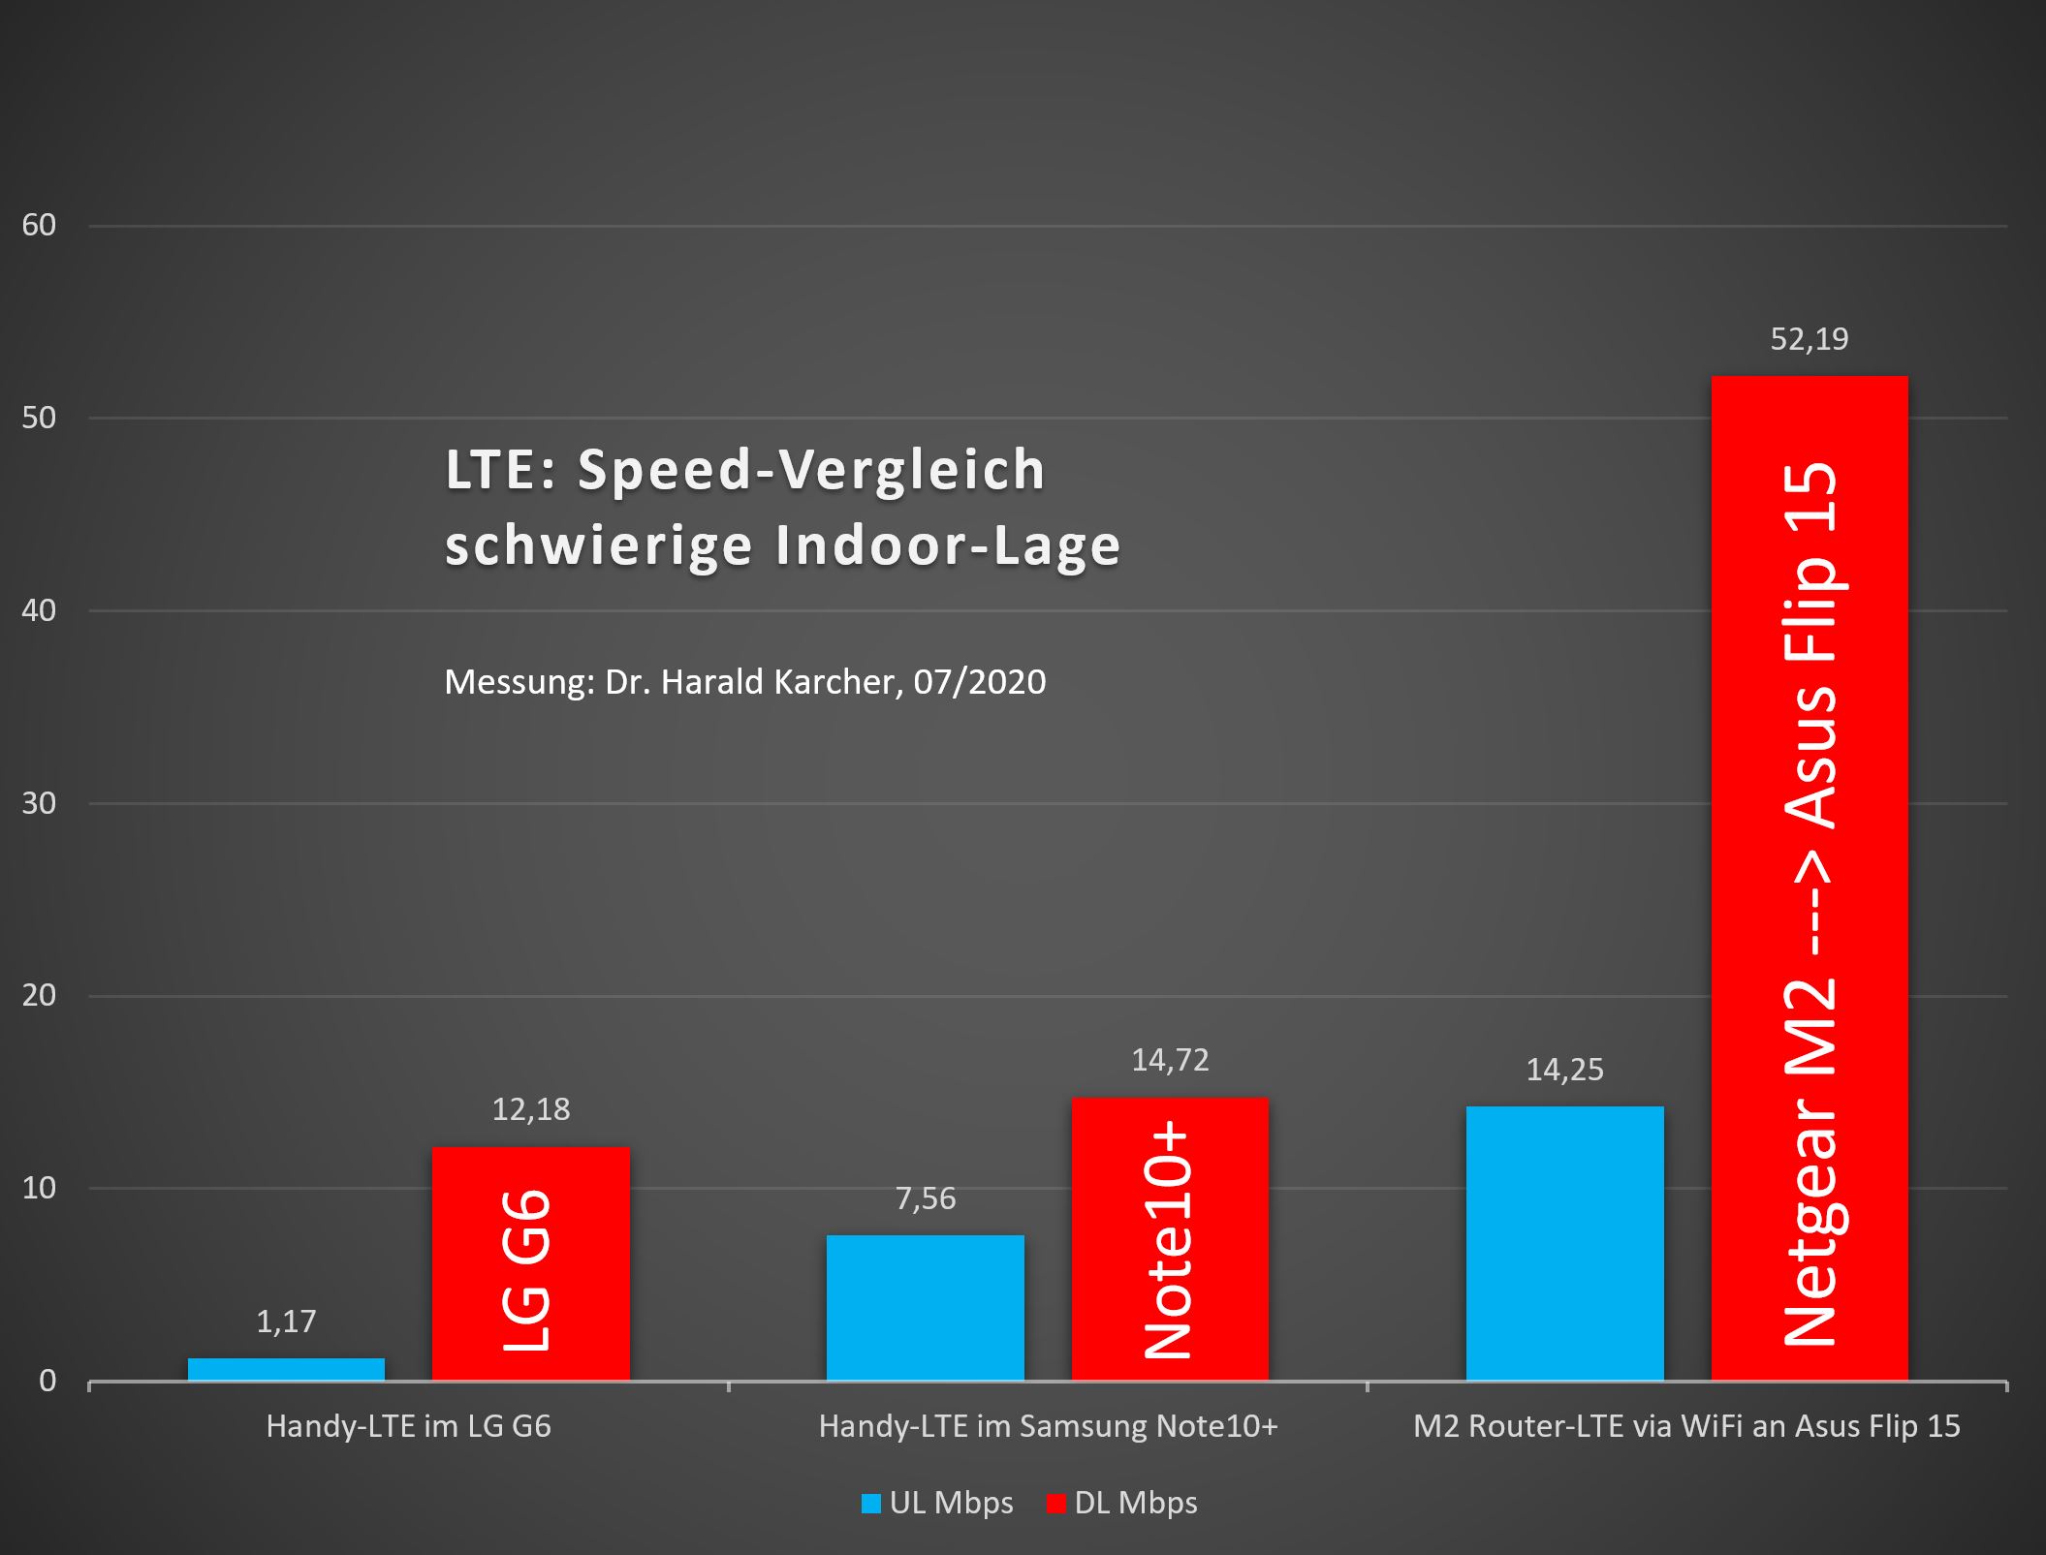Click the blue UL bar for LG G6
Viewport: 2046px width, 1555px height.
286,1369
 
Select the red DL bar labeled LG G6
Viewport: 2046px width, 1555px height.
530,1263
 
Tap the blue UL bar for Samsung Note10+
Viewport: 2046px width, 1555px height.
925,1307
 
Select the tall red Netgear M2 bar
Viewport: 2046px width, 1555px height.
1809,877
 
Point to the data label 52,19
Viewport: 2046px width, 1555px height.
1809,339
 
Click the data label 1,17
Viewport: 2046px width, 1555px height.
286,1322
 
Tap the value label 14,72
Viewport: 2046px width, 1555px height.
1170,1060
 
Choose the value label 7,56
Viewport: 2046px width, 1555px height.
925,1198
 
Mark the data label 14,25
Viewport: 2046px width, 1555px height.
1564,1070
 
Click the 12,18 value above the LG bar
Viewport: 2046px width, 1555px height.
530,1109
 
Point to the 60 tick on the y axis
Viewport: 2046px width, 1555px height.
39,226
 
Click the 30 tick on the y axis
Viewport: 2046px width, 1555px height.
39,803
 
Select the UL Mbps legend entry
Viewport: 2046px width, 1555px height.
937,1503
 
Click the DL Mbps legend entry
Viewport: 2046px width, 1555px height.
1122,1503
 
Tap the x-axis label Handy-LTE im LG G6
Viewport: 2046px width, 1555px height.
408,1426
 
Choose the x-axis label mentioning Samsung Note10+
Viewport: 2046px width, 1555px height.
1048,1426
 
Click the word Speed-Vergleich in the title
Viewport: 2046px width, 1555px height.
811,470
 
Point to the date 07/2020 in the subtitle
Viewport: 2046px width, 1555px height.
979,682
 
